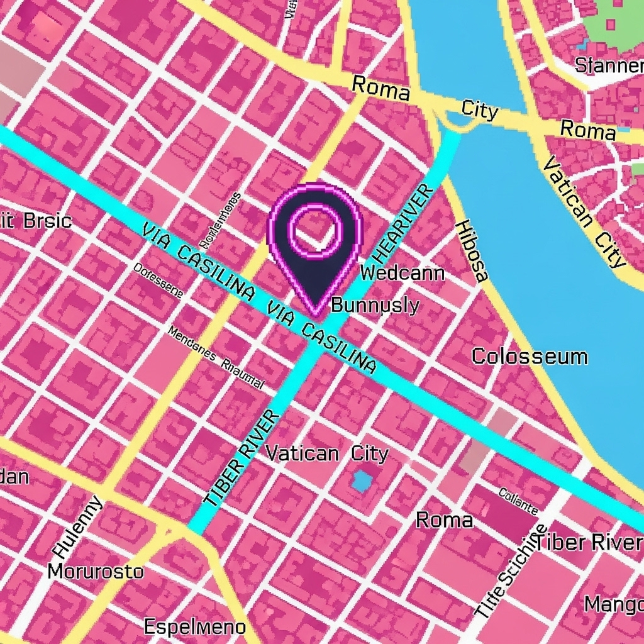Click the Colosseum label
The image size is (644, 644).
point(530,357)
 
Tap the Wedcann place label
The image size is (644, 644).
point(402,273)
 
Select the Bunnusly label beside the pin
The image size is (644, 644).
point(375,306)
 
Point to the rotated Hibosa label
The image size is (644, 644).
point(471,250)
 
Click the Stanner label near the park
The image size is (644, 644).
point(609,65)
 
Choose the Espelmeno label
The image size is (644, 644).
point(195,626)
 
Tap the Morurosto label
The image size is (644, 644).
point(96,572)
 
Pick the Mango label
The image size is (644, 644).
point(613,604)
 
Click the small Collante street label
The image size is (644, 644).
point(518,501)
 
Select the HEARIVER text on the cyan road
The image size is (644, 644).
point(403,224)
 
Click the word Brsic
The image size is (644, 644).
point(47,221)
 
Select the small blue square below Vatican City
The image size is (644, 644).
point(362,481)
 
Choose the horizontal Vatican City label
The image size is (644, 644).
point(327,453)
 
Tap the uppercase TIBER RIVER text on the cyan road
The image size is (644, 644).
point(241,457)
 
